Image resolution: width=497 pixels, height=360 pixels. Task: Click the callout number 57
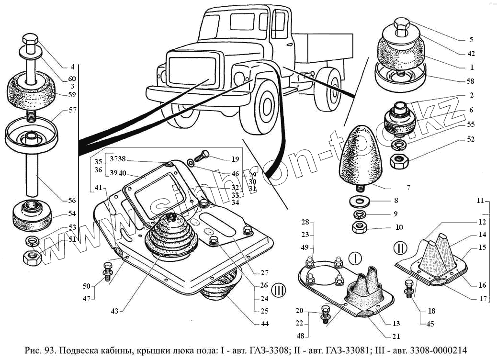click(x=73, y=110)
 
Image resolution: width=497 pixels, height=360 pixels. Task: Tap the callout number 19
click(x=235, y=159)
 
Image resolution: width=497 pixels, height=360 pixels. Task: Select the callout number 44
click(x=265, y=323)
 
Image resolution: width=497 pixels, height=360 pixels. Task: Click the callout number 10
click(x=399, y=227)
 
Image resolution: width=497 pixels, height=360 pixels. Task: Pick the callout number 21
click(x=396, y=336)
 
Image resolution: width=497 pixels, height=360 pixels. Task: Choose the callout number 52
click(x=471, y=139)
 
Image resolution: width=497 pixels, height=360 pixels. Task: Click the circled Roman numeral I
click(x=355, y=259)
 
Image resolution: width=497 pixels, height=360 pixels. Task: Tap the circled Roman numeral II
click(x=400, y=247)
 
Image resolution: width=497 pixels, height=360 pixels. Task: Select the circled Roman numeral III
click(x=279, y=290)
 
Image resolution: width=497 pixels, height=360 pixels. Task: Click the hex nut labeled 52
click(x=399, y=161)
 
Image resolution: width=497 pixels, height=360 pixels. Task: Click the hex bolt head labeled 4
click(x=30, y=39)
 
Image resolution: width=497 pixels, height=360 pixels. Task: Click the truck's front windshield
click(x=192, y=73)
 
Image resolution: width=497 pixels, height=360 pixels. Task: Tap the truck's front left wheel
click(x=264, y=106)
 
